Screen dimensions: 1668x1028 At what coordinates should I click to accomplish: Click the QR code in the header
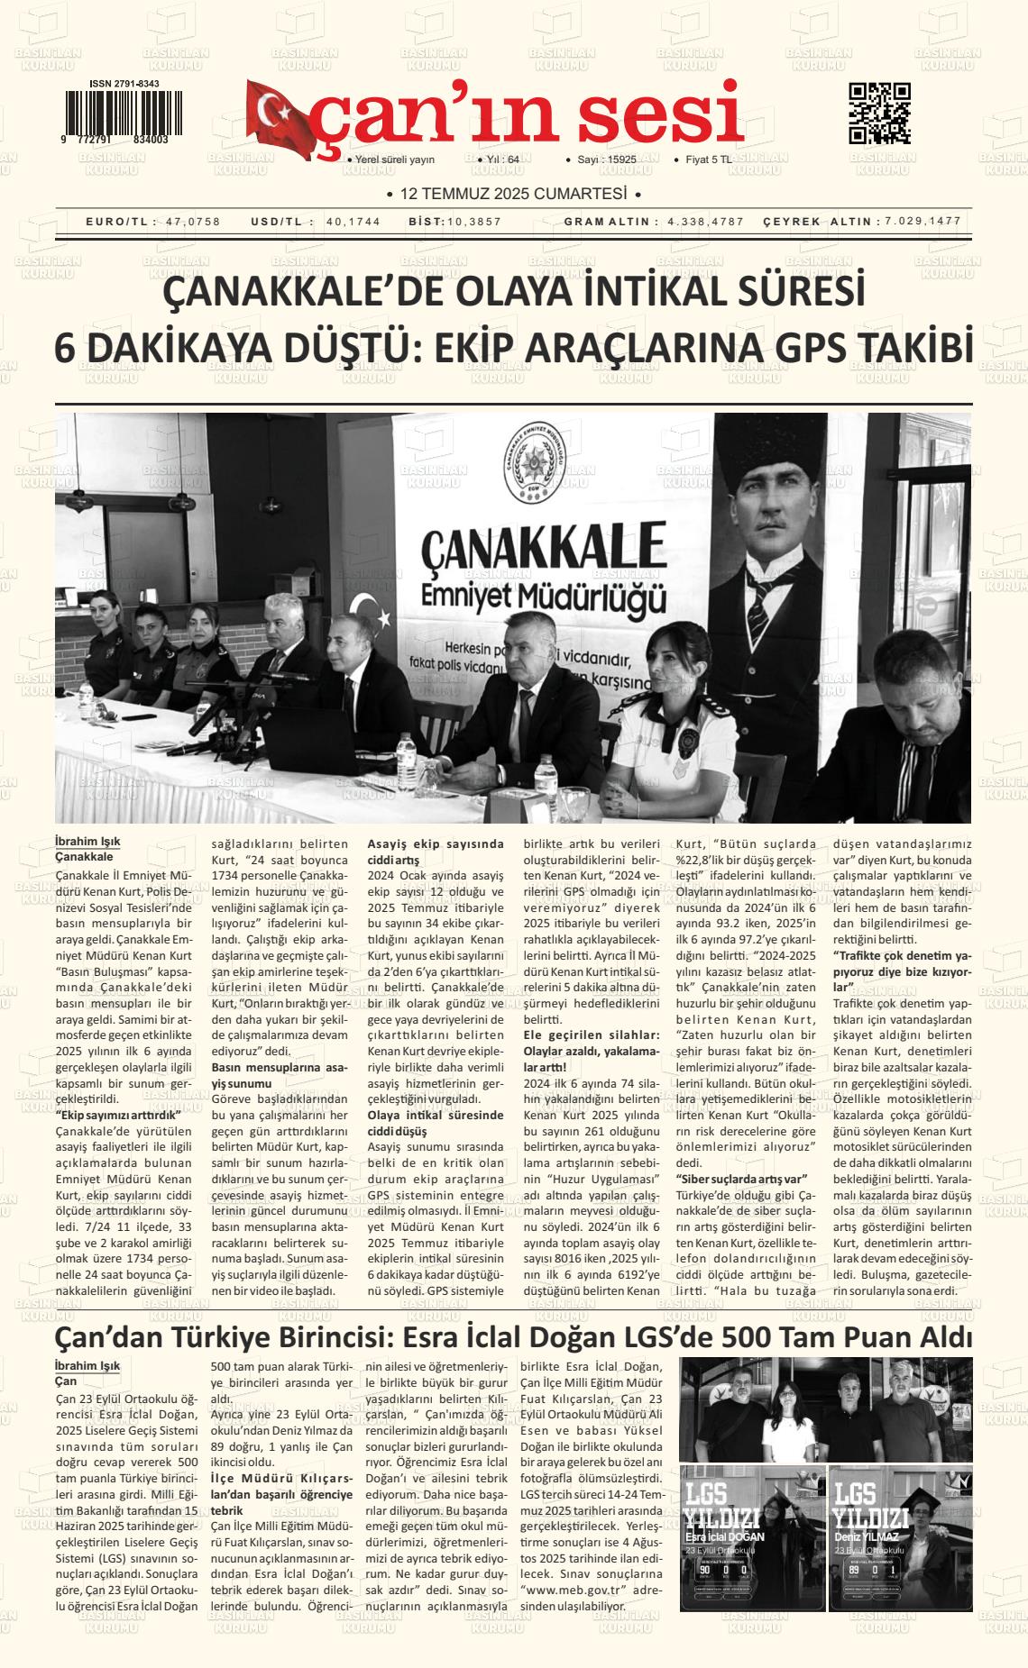879,114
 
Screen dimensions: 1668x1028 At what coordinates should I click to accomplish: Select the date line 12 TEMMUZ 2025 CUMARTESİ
513,194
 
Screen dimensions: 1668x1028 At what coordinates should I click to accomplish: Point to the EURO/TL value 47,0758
193,222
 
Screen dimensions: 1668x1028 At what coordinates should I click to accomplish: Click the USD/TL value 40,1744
353,222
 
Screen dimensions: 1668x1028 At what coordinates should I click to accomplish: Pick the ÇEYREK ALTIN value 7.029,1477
923,222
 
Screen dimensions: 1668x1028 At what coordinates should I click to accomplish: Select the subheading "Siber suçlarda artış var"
741,1179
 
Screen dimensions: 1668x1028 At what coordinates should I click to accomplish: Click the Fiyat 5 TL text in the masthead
709,160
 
